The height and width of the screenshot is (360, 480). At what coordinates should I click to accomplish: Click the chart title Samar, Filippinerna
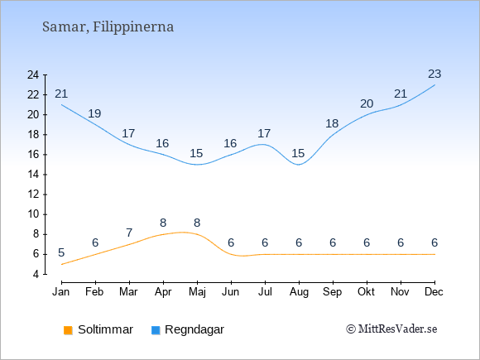[108, 27]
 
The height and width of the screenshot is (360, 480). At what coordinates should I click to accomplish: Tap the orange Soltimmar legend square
[68, 330]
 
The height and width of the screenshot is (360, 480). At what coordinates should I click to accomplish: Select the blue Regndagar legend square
[156, 330]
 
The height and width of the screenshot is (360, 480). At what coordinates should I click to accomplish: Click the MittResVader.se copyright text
[391, 329]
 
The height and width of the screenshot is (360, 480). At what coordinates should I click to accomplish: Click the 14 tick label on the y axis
[33, 175]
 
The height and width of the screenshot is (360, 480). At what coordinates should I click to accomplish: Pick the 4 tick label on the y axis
[36, 274]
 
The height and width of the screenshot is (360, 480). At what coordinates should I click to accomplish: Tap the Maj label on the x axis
[197, 292]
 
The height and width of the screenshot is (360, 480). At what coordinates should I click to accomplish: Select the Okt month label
[366, 292]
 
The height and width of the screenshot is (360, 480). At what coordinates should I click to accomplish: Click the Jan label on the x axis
[61, 292]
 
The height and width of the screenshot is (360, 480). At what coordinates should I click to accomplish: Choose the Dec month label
[434, 292]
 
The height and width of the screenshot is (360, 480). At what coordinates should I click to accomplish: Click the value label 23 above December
[434, 74]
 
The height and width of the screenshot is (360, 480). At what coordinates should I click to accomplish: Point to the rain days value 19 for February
[94, 113]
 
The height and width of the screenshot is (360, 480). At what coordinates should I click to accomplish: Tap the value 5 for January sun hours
[61, 253]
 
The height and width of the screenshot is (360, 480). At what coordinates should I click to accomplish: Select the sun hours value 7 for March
[129, 233]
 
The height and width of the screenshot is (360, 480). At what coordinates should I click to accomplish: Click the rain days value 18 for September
[332, 123]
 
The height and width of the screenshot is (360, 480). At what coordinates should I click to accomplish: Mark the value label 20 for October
[367, 103]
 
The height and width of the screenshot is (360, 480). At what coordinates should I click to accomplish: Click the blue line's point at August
[299, 165]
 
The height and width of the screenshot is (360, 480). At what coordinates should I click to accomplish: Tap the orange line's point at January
[62, 265]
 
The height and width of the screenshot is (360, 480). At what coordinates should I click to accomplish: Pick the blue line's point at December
[434, 84]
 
